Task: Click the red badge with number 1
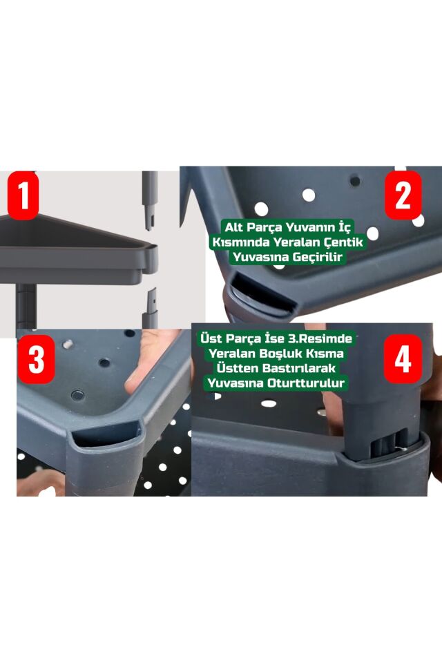23,195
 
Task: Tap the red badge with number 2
403,195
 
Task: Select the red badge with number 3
36,359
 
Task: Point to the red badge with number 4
403,359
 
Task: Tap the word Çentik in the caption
343,242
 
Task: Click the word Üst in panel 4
211,338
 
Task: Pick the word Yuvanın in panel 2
308,227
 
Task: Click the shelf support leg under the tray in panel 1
27,307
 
